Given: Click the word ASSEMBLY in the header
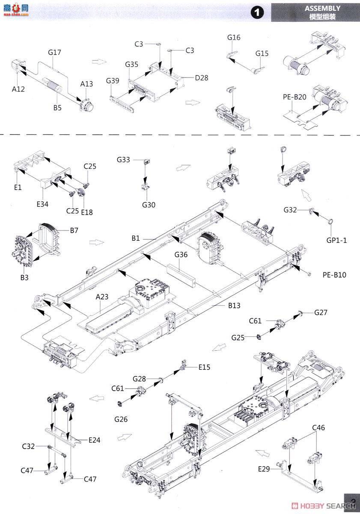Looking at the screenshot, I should coord(322,8).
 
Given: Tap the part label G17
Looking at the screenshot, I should coord(54,52).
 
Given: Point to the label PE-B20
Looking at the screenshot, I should coord(295,97).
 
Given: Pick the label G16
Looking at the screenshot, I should coord(234,38).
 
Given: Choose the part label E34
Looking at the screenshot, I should coord(42,204).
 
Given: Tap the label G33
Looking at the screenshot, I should coord(123,160).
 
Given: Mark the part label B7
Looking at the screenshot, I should coord(74,230).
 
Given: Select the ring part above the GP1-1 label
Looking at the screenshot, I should coord(330,221).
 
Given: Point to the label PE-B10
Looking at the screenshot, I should coord(334,275).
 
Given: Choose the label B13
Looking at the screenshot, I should coord(234,305).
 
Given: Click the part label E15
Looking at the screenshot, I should coord(204,367).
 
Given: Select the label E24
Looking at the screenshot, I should coord(94,440).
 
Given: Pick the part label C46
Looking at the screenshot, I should coord(318,427).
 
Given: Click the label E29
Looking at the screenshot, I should coord(264,469).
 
